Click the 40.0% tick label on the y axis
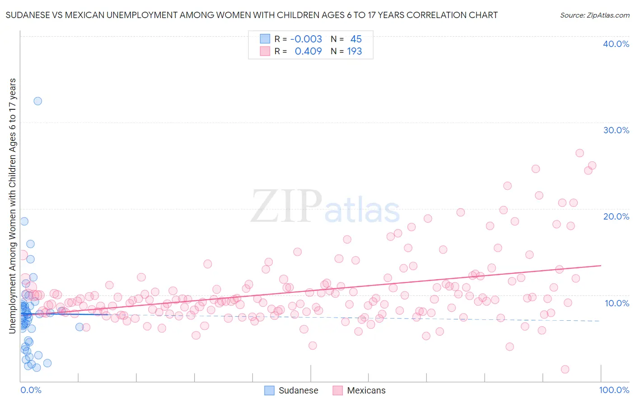point(616,44)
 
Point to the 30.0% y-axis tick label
point(616,130)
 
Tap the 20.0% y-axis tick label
point(616,216)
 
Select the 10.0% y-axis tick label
point(617,303)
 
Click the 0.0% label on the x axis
point(31,390)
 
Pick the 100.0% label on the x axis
point(614,390)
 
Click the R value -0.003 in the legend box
point(306,39)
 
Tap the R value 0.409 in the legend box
point(308,51)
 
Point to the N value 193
point(355,51)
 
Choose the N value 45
point(356,39)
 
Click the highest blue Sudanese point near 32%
point(38,101)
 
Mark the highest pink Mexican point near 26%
point(580,153)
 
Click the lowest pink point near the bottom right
point(565,369)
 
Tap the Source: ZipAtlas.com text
point(594,15)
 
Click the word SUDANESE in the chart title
point(27,15)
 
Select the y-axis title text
point(12,206)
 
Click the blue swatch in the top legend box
point(265,39)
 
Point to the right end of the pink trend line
point(601,266)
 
